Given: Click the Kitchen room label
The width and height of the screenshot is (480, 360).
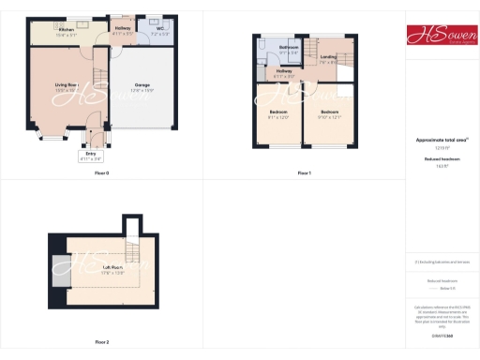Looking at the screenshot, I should pos(66,32).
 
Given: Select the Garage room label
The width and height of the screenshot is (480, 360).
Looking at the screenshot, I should pos(142,86).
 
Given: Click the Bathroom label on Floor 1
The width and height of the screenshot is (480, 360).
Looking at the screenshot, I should pos(289,49).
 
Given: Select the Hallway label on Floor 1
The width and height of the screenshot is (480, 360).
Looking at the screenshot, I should pos(284,73).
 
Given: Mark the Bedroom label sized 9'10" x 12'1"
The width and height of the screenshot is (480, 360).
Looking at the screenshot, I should pos(328,113).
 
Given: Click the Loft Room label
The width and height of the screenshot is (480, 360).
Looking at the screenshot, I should pos(112,270).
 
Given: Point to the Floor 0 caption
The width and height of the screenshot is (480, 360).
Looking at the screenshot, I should pos(101,173).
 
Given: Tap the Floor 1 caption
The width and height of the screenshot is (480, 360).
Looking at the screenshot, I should pos(304,173).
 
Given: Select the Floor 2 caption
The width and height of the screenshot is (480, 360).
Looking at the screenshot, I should pos(101,342).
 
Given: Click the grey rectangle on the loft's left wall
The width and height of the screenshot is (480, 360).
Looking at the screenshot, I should pos(60,270).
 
